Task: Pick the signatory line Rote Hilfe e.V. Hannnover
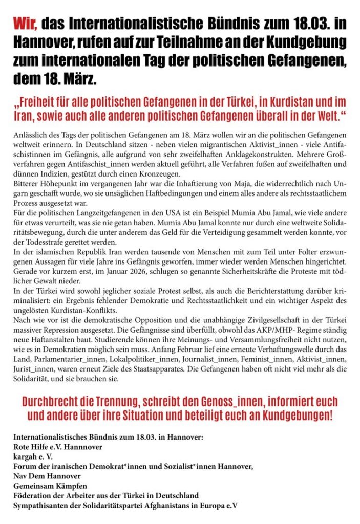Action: pyautogui.click(x=58, y=447)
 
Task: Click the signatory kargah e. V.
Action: pyautogui.click(x=33, y=456)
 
